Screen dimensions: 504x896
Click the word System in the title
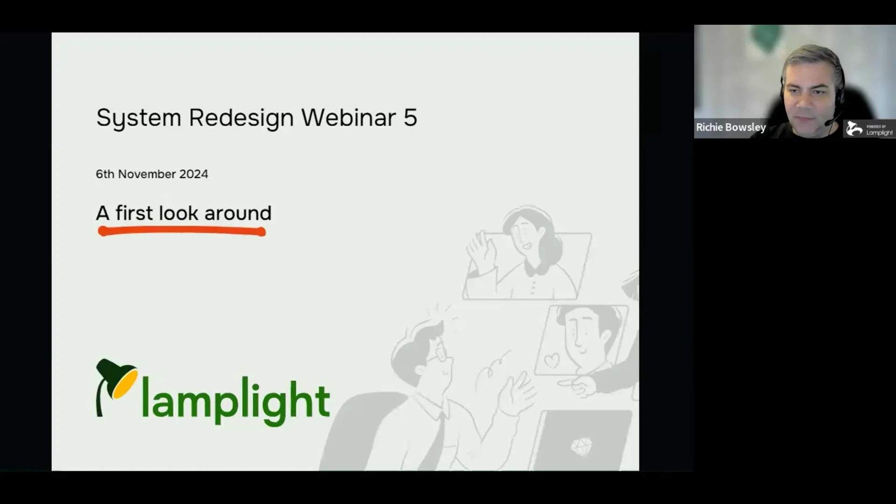(x=139, y=118)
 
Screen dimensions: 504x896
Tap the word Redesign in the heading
(x=241, y=118)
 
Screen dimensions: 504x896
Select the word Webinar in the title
(x=348, y=117)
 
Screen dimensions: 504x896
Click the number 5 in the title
(x=410, y=117)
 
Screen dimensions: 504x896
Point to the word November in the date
(x=147, y=174)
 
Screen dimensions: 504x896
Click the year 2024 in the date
(x=194, y=174)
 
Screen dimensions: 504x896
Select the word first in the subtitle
(x=134, y=213)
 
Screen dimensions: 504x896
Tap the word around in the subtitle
(x=238, y=213)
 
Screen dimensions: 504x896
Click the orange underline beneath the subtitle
(x=182, y=231)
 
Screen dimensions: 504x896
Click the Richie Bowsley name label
(x=731, y=127)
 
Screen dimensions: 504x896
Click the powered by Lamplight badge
(x=870, y=129)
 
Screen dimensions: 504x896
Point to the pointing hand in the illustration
(x=577, y=385)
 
